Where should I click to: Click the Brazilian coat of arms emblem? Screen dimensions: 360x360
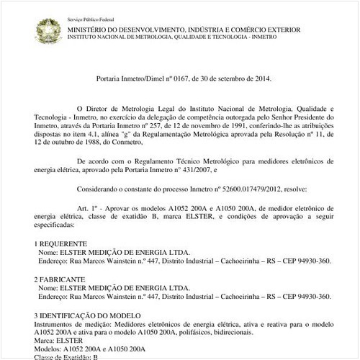click(48, 30)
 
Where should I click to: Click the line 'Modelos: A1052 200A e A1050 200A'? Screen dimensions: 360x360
click(90, 349)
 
